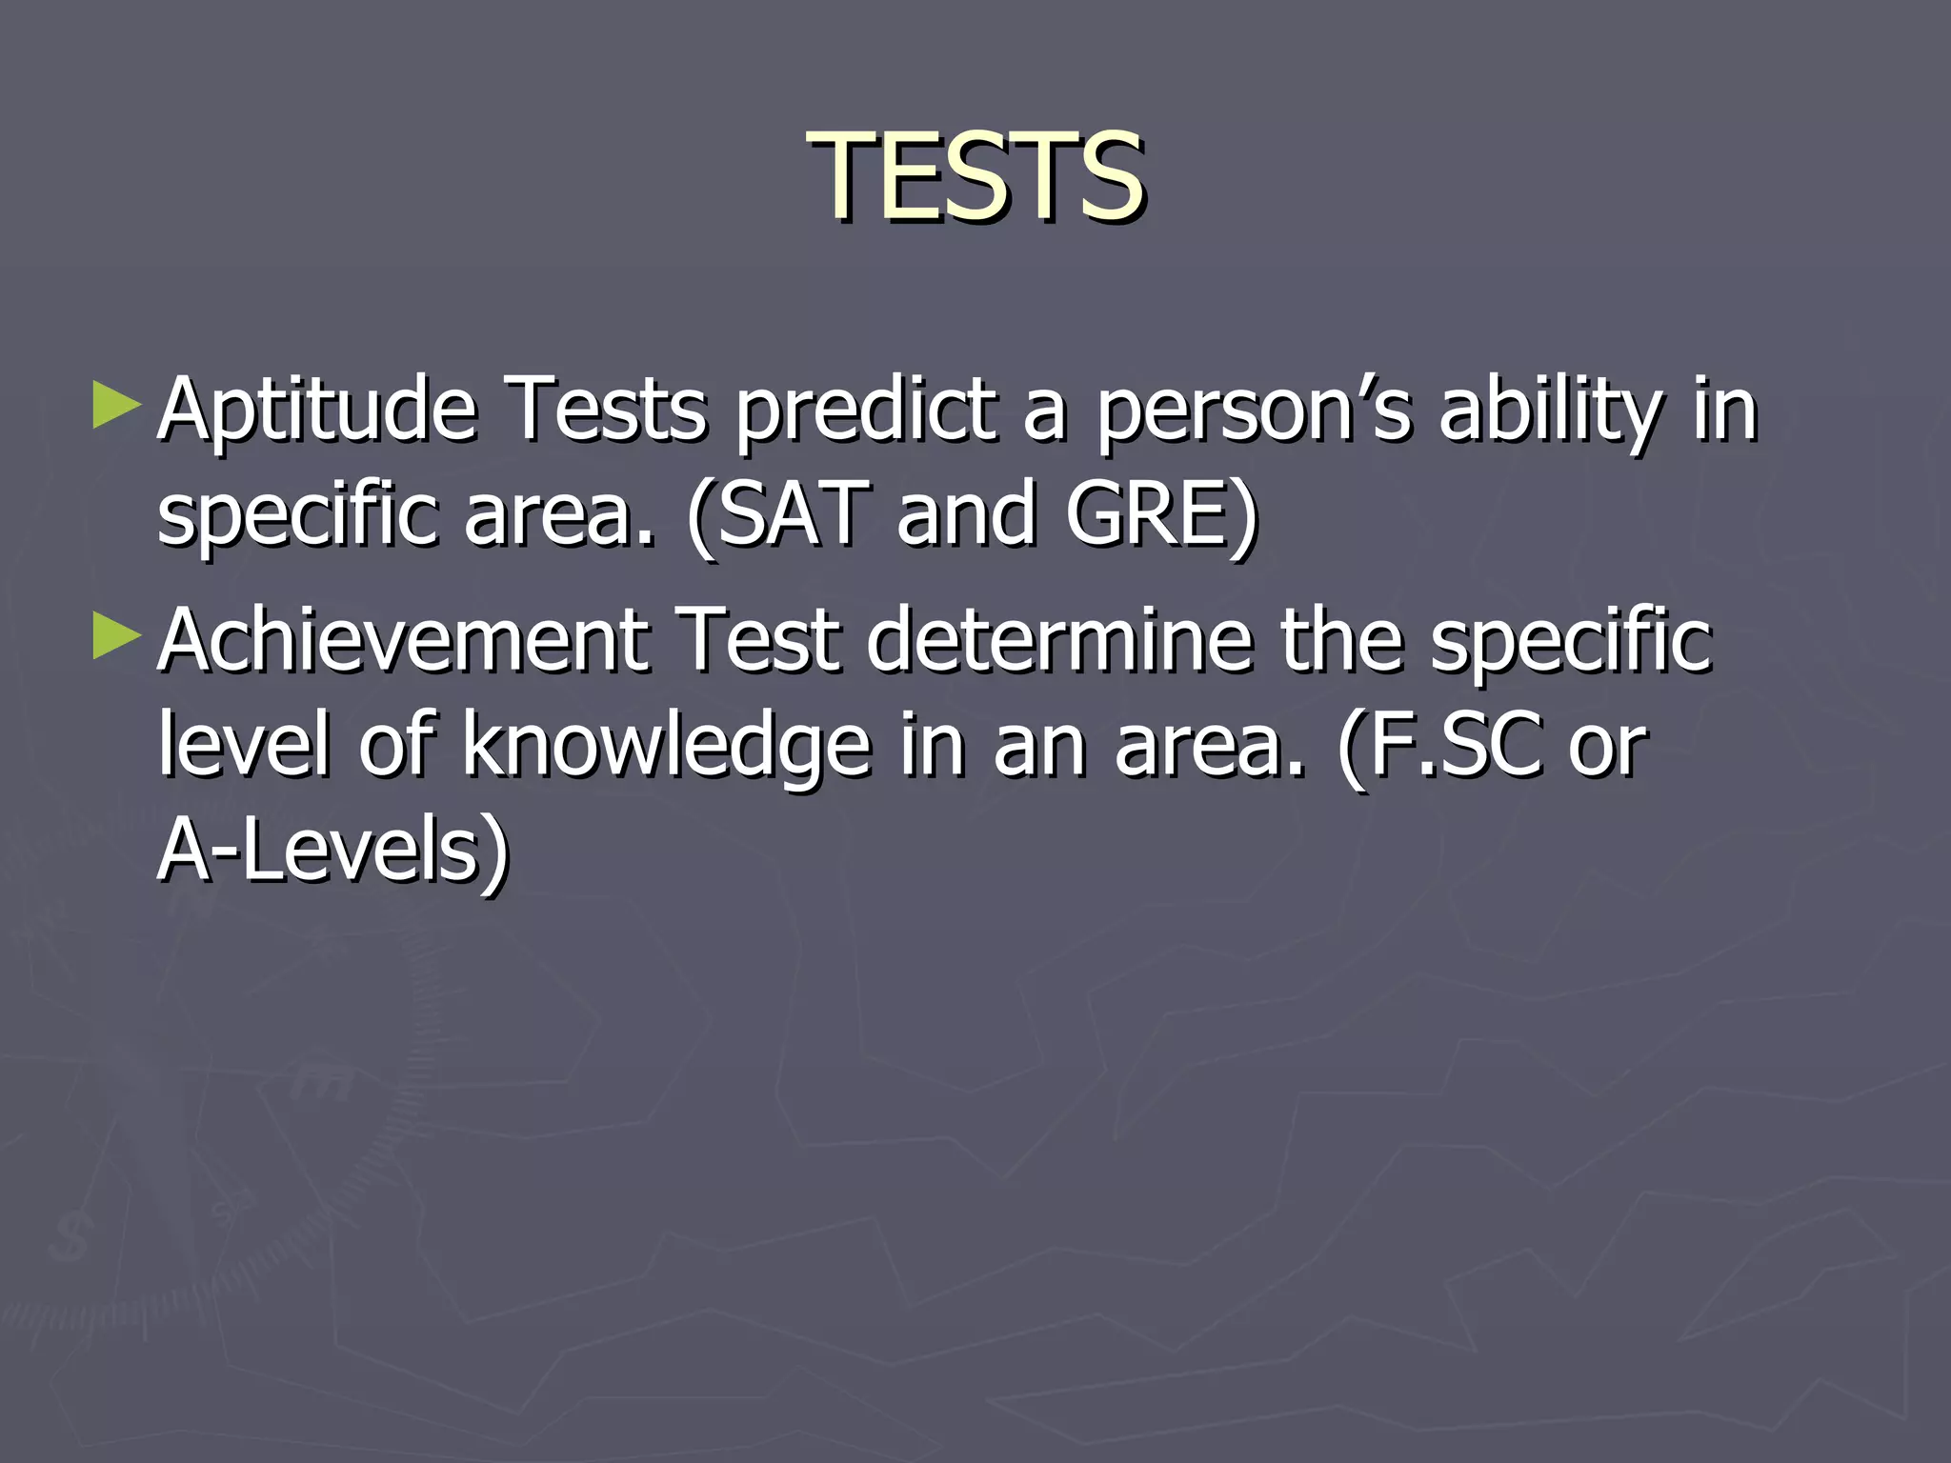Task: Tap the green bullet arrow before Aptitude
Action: pos(117,406)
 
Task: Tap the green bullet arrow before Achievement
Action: pos(117,636)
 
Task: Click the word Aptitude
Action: pos(317,411)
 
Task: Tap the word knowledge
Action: pos(666,748)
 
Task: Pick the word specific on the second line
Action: pos(297,516)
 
